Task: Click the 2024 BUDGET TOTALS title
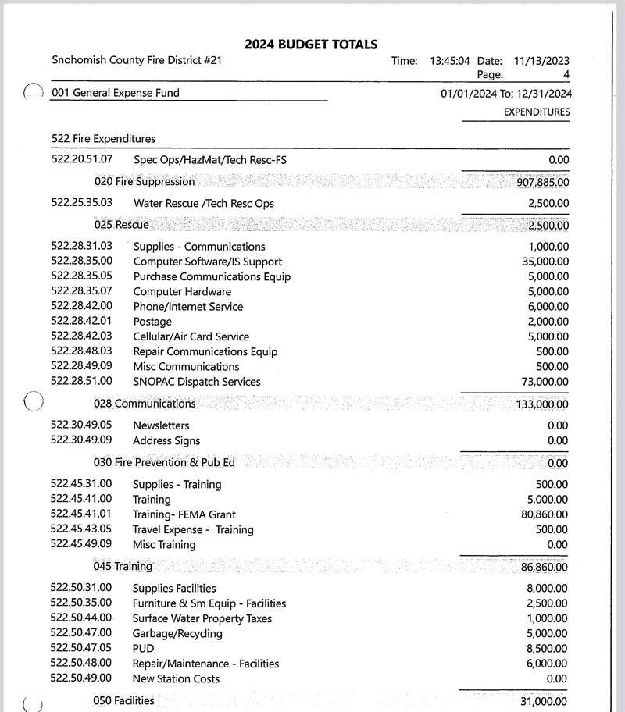pyautogui.click(x=311, y=44)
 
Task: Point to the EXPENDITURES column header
pyautogui.click(x=536, y=112)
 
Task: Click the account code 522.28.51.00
pyautogui.click(x=81, y=381)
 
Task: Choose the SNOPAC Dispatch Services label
pyautogui.click(x=196, y=382)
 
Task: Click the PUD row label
pyautogui.click(x=143, y=649)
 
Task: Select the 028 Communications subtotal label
pyautogui.click(x=145, y=404)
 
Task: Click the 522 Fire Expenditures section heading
pyautogui.click(x=103, y=139)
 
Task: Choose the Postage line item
pyautogui.click(x=152, y=322)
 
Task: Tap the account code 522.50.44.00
pyautogui.click(x=81, y=618)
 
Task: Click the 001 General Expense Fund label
pyautogui.click(x=115, y=93)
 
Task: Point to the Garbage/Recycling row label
pyautogui.click(x=177, y=634)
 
